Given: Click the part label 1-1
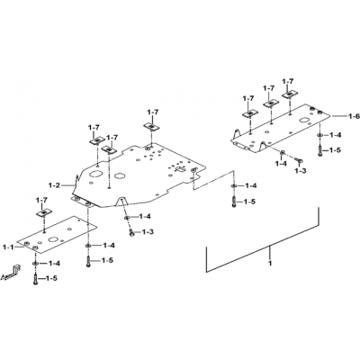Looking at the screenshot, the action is [8, 247].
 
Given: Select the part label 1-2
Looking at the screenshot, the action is [54, 185].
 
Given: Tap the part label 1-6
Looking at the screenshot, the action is [354, 116].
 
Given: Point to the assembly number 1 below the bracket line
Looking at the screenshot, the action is [270, 264].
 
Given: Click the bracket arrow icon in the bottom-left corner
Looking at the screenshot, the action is [12, 272].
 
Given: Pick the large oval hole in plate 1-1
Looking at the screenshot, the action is [53, 239].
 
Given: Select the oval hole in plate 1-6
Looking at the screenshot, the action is [305, 121].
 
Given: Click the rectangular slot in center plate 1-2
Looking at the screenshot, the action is [181, 169].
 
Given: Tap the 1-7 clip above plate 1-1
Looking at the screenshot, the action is [44, 212].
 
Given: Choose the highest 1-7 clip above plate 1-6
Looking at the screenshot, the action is [290, 94].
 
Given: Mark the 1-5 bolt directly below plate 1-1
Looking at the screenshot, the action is [36, 279].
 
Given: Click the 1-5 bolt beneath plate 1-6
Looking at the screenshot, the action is [319, 150].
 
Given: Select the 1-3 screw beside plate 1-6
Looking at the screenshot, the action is [299, 160].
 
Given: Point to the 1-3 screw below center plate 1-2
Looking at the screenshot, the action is [131, 232].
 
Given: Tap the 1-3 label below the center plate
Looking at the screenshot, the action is [148, 232].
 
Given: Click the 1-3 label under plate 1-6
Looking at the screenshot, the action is [301, 171].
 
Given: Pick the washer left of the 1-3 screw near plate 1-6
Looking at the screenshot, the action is [283, 154].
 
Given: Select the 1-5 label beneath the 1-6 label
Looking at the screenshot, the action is [335, 150].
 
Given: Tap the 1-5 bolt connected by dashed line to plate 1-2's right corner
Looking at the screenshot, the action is [234, 202].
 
